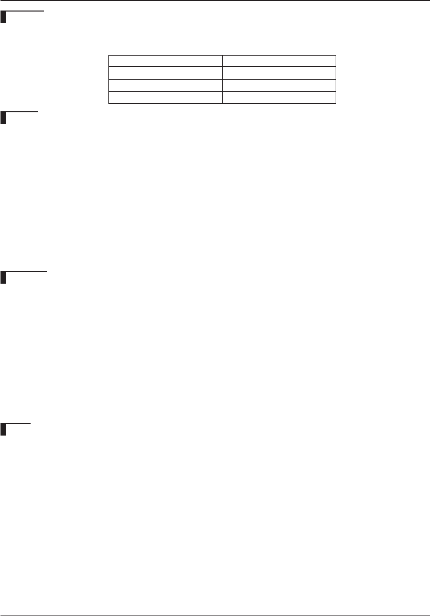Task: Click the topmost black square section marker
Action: tap(4, 19)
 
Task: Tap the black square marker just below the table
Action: tap(4, 118)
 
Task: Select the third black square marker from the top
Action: tap(4, 277)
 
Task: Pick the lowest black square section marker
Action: tap(4, 430)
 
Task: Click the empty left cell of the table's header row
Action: tap(166, 61)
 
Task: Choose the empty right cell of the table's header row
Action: tap(279, 61)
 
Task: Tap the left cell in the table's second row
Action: tap(166, 73)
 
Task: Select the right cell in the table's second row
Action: tap(279, 73)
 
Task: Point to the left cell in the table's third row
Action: tap(166, 85)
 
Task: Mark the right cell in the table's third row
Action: tap(279, 85)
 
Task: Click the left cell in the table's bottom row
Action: tap(166, 97)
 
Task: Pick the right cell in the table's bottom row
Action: tap(279, 97)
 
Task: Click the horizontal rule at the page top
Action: tap(215, 1)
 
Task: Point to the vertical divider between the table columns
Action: tap(222, 79)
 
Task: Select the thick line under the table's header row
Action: tap(222, 67)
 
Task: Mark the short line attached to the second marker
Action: tap(23, 112)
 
